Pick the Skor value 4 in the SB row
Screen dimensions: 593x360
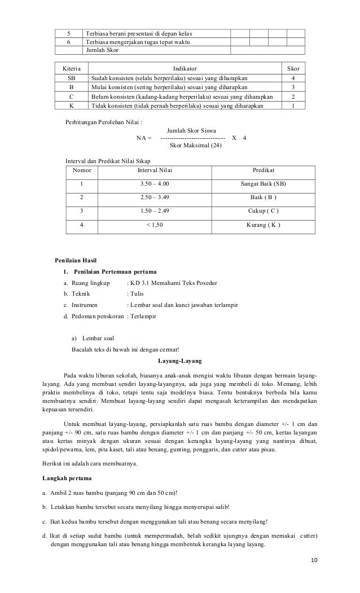pos(292,78)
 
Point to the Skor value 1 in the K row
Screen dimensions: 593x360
pos(292,106)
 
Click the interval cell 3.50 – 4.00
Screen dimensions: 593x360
pos(155,184)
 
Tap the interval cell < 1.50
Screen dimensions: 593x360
pos(155,225)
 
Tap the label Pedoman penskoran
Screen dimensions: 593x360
pos(94,317)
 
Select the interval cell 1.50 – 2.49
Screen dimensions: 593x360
pos(155,211)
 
